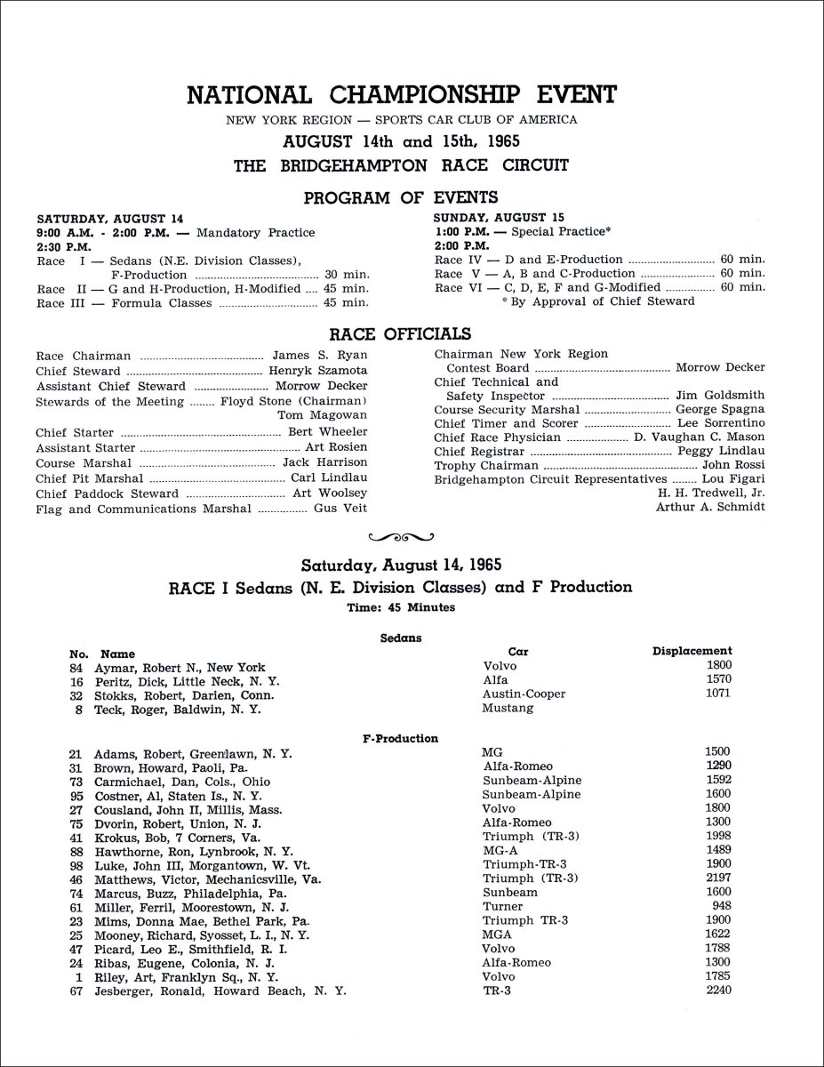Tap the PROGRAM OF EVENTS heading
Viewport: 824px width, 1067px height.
click(x=401, y=197)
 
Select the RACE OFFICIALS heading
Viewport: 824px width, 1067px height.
click(x=400, y=334)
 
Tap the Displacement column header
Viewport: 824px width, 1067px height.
click(x=692, y=651)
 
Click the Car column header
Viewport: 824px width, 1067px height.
click(x=518, y=652)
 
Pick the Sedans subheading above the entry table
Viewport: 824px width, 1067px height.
click(x=400, y=637)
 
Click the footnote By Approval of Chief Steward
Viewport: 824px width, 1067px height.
click(x=599, y=301)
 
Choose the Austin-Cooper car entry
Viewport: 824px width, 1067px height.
click(x=524, y=695)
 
